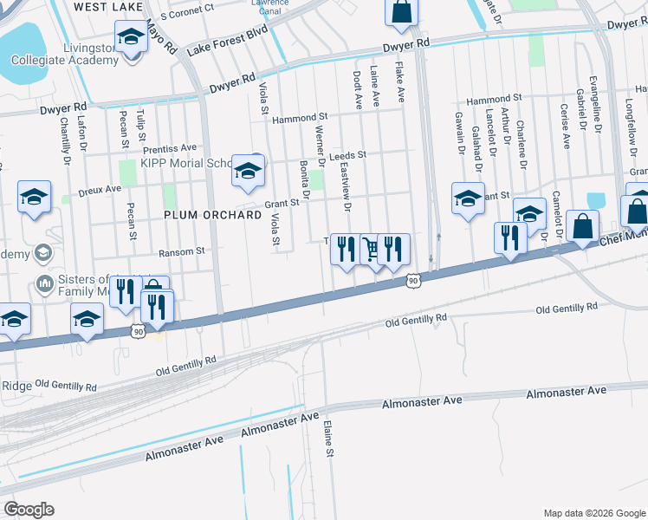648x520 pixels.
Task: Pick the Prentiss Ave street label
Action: click(x=170, y=148)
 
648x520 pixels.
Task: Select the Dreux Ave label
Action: click(x=100, y=188)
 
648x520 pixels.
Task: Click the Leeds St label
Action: click(x=348, y=156)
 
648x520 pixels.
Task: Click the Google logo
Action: click(x=29, y=510)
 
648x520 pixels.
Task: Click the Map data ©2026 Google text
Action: click(x=593, y=513)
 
